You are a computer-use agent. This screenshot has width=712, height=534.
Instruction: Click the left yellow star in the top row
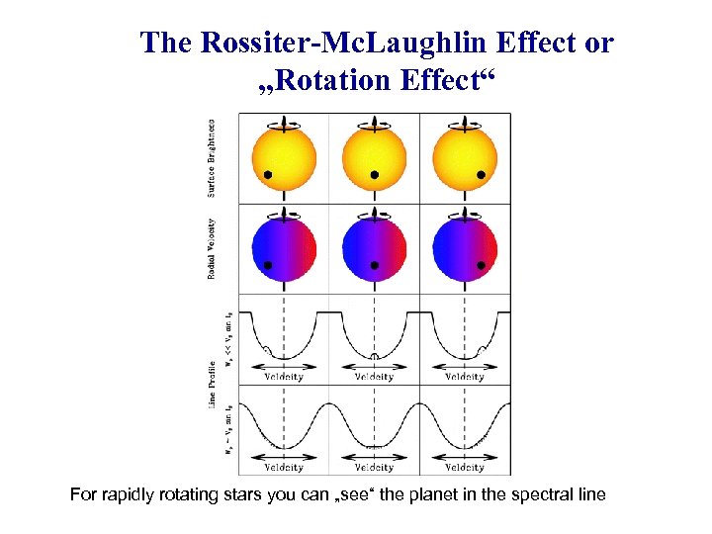tap(285, 158)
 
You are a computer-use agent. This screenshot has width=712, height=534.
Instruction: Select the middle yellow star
tap(374, 158)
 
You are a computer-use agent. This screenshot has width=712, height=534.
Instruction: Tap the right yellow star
tap(464, 158)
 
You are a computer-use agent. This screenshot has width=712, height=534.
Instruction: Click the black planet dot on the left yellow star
tap(268, 175)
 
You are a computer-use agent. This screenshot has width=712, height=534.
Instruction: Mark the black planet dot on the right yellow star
tap(481, 175)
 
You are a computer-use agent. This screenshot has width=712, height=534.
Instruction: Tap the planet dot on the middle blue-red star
tap(375, 265)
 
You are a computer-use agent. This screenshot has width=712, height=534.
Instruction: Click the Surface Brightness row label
tap(212, 157)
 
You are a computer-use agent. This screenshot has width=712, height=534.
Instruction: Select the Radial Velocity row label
tap(212, 247)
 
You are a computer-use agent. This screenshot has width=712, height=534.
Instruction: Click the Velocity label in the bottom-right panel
tap(465, 467)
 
